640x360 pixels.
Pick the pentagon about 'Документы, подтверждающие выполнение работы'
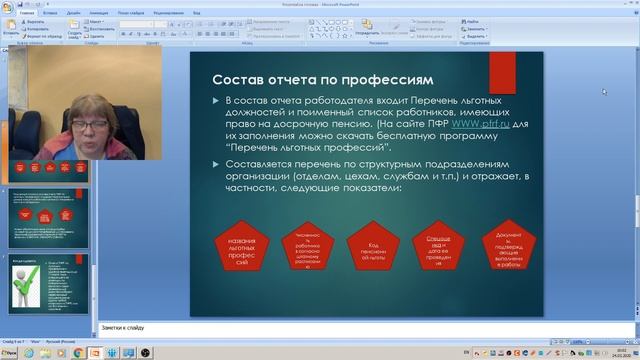click(x=507, y=246)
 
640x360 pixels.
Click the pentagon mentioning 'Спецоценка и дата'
click(x=439, y=246)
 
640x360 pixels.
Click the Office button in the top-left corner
click(x=8, y=6)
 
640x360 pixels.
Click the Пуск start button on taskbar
click(x=11, y=352)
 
